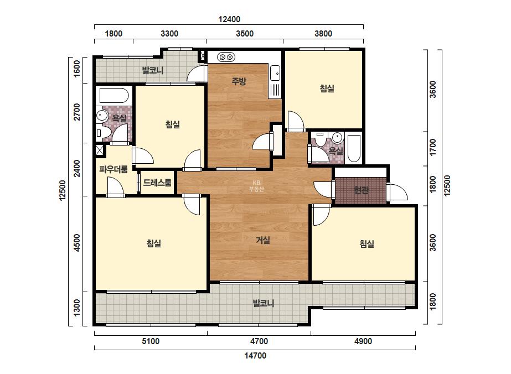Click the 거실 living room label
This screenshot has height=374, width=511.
[263, 241]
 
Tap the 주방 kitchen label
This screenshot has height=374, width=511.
[239, 81]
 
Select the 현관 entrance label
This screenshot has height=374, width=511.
[361, 190]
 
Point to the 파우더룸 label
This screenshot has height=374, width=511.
[113, 169]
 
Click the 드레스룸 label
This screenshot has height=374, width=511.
[157, 183]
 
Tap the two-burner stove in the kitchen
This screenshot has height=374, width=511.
[226, 58]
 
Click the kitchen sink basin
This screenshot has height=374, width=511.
[275, 72]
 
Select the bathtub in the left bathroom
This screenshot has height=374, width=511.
[114, 96]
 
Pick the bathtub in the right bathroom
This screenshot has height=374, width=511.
[354, 149]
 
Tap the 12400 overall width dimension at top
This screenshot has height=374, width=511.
[229, 19]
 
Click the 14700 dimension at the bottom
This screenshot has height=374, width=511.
[255, 355]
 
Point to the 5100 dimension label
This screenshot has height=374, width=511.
[151, 341]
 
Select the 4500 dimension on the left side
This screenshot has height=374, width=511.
[76, 243]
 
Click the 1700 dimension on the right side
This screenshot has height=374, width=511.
[433, 147]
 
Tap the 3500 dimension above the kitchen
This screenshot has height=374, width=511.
[245, 34]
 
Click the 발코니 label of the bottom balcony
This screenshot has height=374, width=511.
[264, 304]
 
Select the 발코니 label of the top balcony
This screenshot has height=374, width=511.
[152, 70]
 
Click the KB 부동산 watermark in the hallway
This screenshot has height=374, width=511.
[256, 186]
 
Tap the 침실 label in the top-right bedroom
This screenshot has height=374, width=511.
[327, 89]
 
